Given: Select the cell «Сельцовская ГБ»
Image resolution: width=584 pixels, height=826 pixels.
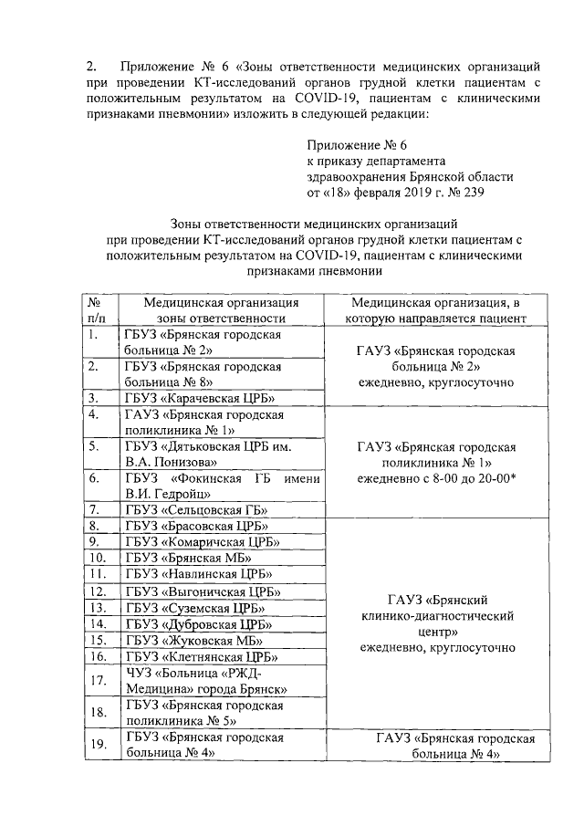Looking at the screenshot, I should [195, 509].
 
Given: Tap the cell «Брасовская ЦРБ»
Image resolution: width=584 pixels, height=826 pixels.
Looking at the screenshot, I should [195, 526].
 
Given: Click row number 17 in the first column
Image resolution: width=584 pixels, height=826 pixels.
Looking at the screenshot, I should [94, 680].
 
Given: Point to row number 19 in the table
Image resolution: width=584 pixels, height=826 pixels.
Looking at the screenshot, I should [94, 745].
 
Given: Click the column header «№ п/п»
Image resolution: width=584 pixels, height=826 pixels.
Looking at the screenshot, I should [94, 310].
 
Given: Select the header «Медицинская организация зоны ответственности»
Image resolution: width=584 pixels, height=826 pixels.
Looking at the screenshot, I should [221, 310].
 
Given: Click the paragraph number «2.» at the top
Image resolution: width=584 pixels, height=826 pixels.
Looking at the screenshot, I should [91, 67].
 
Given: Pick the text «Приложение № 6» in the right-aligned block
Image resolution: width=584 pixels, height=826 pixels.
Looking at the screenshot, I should [356, 144].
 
